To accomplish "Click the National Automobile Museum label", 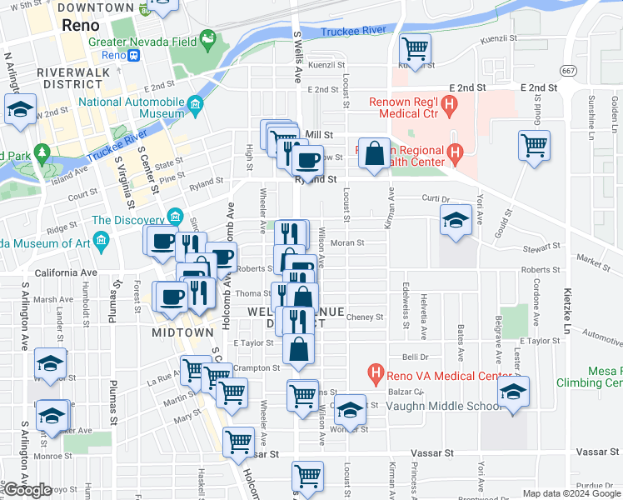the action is pos(131,108).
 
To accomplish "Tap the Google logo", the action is pos(27,490).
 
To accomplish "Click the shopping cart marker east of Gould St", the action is pos(533,145).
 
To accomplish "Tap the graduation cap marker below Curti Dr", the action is pos(456,220).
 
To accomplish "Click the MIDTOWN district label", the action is pos(182,332).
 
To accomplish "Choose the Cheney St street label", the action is pos(364,317).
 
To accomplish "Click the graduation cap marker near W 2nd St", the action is pos(20,109).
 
